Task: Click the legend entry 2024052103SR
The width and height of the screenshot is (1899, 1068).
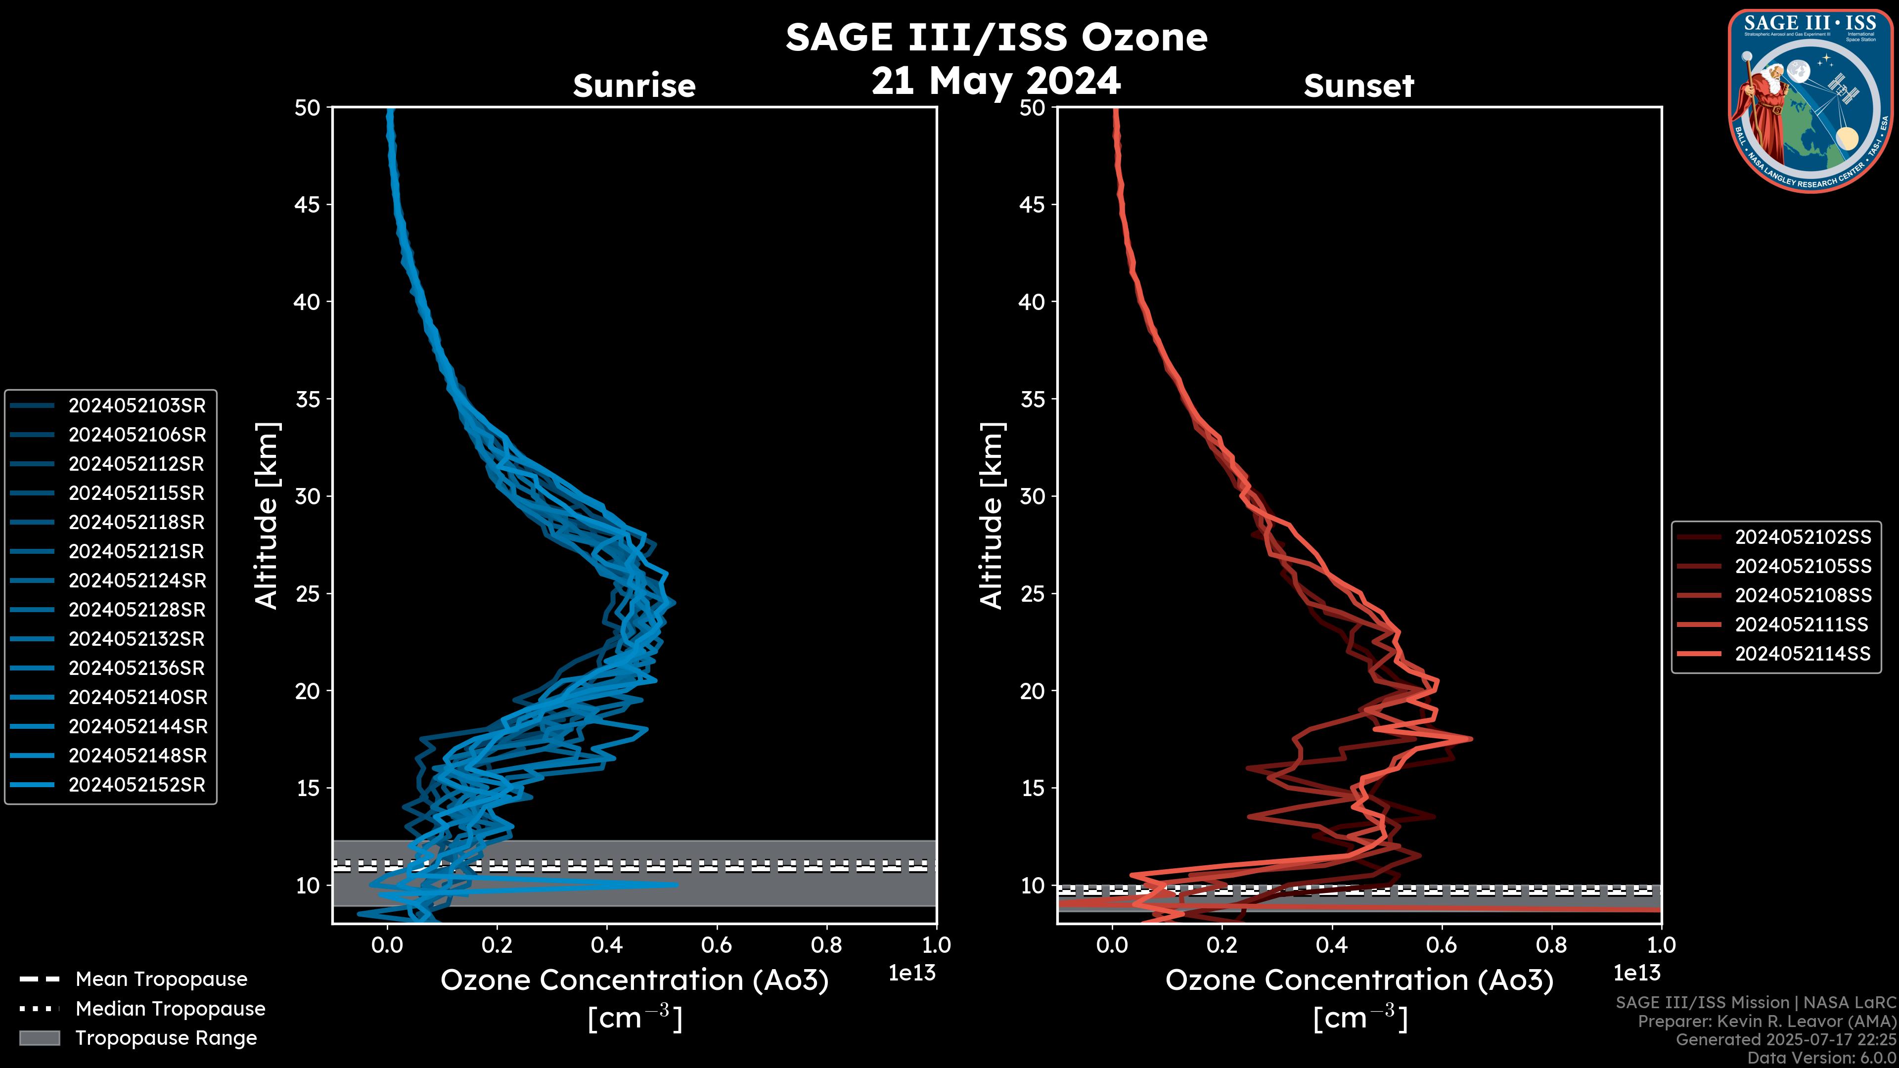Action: tap(137, 405)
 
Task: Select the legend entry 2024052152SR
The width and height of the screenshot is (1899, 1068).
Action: tap(137, 785)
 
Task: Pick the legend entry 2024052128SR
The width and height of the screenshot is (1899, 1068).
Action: tap(137, 610)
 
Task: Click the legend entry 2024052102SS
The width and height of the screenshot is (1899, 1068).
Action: tap(1803, 537)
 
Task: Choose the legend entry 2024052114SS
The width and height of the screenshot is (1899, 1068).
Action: tap(1803, 654)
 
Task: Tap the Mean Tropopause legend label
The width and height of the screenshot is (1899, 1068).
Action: tap(161, 979)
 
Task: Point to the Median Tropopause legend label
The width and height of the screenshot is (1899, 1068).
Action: tap(170, 1009)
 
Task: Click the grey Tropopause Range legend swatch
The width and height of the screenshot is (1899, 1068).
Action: tap(40, 1038)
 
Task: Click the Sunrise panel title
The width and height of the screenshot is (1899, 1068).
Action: tap(634, 86)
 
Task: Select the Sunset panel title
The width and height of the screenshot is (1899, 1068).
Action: tap(1358, 86)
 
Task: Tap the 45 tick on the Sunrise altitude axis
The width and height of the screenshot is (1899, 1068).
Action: tap(308, 205)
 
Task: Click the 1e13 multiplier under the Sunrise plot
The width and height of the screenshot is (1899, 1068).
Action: tap(912, 974)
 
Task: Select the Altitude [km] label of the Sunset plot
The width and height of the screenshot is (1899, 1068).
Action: tap(992, 516)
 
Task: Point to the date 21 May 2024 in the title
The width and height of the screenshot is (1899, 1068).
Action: tap(996, 81)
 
